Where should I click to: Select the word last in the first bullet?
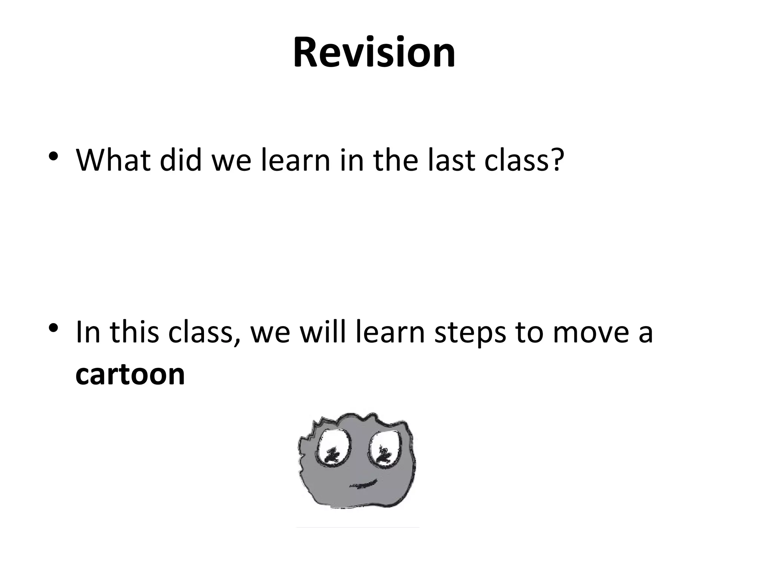click(x=451, y=160)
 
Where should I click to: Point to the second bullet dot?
click(x=54, y=328)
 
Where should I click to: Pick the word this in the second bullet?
click(x=134, y=332)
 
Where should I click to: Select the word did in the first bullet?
click(x=180, y=160)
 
